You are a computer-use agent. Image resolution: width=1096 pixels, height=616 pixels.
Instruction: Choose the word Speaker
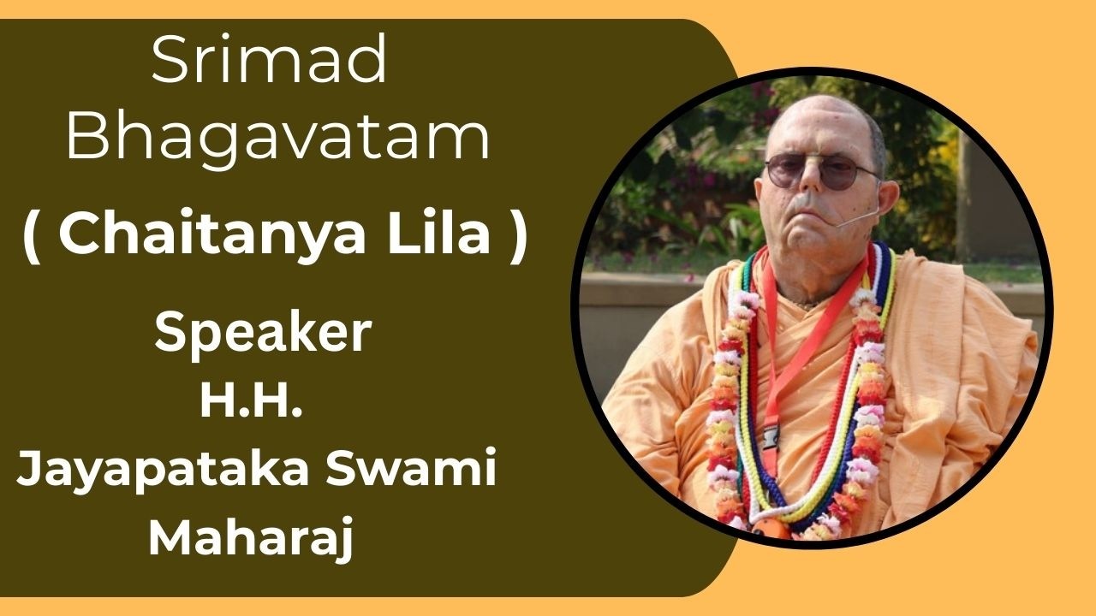pyautogui.click(x=263, y=334)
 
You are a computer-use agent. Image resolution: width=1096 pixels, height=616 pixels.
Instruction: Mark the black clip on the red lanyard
pyautogui.click(x=768, y=436)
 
